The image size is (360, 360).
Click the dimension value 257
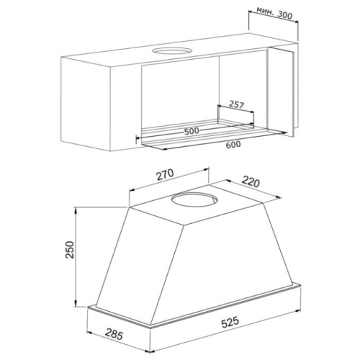tap(236, 105)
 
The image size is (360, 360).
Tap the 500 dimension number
tap(192, 131)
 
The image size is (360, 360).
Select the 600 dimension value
tap(233, 145)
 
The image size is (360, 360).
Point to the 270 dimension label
tap(165, 174)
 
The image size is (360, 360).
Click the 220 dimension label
tap(251, 181)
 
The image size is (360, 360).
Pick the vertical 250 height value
tap(70, 250)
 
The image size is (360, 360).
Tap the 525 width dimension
tap(230, 322)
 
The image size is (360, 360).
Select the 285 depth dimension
tap(114, 334)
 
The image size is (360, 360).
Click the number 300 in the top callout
tap(284, 15)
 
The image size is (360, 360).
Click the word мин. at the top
tap(265, 11)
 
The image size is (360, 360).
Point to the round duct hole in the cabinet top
tap(172, 51)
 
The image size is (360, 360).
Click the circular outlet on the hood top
tap(194, 199)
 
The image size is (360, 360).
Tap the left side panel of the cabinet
tap(86, 103)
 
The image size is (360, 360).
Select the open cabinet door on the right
tap(281, 91)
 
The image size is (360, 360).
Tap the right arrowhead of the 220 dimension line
tap(279, 197)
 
